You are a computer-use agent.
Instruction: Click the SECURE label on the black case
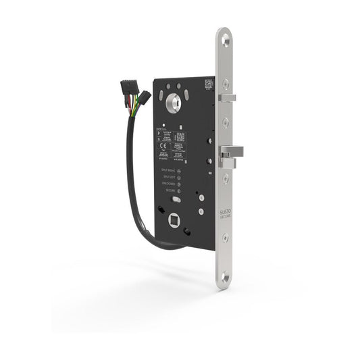click(168, 190)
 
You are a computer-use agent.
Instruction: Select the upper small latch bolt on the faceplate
click(228, 98)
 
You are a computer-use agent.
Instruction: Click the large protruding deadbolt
click(228, 157)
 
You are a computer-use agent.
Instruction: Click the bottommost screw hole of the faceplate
click(224, 278)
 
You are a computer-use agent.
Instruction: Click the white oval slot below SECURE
click(176, 201)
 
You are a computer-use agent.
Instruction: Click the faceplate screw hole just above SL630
click(224, 179)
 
